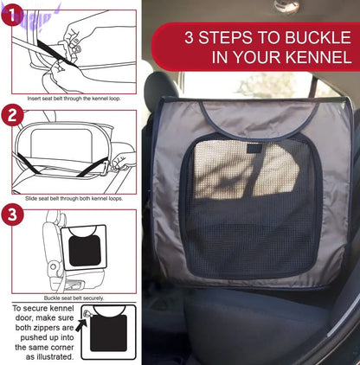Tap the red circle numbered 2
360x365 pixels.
12,115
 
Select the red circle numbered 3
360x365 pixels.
12,215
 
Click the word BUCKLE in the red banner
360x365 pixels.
318,37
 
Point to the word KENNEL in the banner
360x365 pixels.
318,57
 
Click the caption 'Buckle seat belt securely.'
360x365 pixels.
74,298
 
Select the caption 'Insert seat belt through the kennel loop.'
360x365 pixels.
74,99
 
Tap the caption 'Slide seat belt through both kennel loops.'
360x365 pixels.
74,199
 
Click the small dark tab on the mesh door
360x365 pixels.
254,149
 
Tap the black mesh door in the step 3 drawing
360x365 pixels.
85,251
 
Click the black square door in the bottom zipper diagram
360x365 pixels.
109,333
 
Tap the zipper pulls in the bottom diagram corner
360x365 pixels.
87,313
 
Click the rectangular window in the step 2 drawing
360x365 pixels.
61,143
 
